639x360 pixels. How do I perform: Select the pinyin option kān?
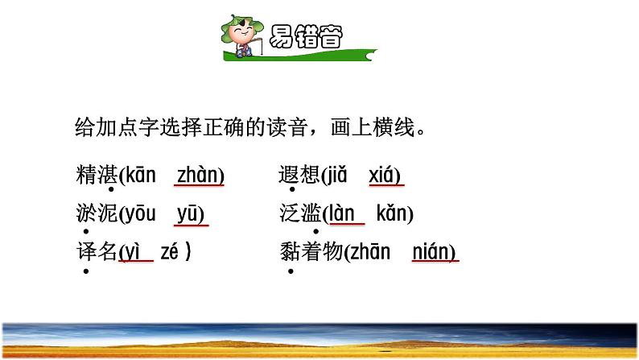[x=140, y=176]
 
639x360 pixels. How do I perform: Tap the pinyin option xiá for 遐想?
[x=385, y=176]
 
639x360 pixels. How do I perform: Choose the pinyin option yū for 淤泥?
[x=191, y=214]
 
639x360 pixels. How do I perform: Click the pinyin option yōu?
[x=139, y=214]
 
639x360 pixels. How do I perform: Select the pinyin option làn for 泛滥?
[x=343, y=214]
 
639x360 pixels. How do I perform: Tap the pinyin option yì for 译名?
[x=134, y=252]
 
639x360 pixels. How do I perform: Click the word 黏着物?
[x=311, y=252]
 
